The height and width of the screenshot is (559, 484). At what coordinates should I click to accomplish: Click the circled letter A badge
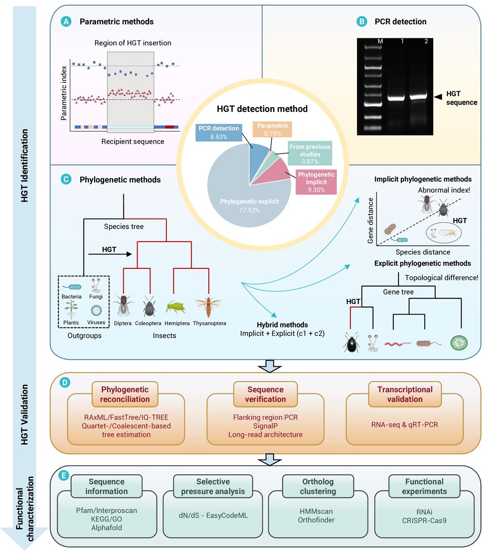pos(66,22)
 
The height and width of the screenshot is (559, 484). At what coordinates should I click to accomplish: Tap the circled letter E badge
pos(64,475)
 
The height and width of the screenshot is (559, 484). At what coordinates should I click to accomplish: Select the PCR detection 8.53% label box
pos(219,132)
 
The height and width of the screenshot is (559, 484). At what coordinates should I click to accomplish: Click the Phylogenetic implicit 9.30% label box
pos(316,182)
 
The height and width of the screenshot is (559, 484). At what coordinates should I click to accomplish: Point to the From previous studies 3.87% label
pos(310,153)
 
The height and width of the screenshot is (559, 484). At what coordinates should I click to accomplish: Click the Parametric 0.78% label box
pos(272,130)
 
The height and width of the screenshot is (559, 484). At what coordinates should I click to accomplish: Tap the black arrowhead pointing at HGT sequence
pos(438,97)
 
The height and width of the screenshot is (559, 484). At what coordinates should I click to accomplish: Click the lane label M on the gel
pos(380,41)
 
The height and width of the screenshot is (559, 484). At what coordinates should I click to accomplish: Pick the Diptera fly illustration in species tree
pos(123,306)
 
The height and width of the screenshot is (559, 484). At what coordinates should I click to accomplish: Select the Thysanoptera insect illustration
pos(208,306)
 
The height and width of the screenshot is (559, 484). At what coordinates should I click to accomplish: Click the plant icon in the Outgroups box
pos(71,309)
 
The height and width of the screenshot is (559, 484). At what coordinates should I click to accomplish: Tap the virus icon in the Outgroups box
pos(96,310)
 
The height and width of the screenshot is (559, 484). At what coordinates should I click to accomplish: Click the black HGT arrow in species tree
pos(110,254)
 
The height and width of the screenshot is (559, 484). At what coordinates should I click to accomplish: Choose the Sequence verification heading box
pos(265,395)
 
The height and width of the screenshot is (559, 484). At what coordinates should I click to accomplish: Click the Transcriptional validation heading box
pos(405,395)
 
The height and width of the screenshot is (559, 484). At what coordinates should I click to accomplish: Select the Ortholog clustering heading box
pos(318,486)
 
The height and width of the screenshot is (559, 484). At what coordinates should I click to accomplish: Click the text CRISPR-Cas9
pos(424,520)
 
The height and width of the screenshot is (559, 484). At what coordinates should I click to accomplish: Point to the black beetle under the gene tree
pos(352,343)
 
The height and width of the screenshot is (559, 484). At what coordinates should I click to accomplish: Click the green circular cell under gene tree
pos(459,343)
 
